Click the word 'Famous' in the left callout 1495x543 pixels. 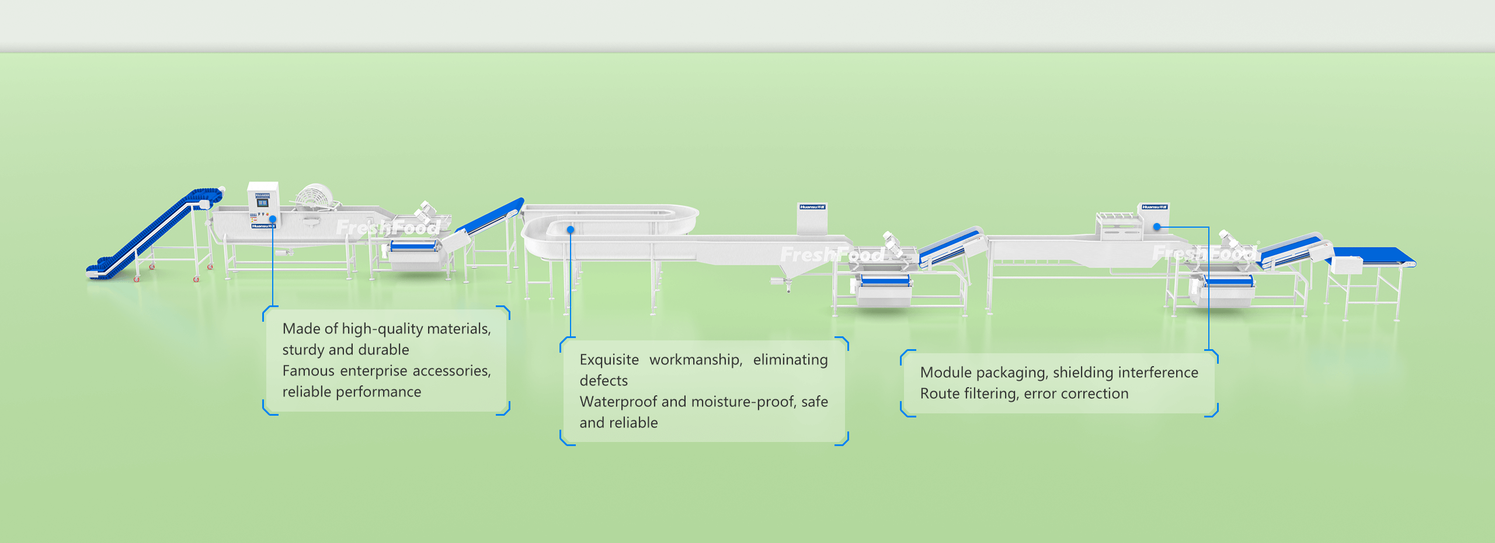[x=308, y=371]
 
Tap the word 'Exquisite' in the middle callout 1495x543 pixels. [x=609, y=360]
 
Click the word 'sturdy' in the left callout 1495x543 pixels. [x=303, y=350]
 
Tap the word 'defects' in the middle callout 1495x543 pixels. [x=603, y=381]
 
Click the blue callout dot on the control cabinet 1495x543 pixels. [x=273, y=220]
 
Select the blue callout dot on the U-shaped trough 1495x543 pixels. [x=571, y=230]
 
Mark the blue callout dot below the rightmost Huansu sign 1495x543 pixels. [x=1156, y=227]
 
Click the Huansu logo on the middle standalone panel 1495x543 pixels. [x=812, y=207]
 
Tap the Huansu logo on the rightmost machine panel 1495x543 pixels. [x=1155, y=207]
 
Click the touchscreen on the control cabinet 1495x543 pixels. [x=262, y=203]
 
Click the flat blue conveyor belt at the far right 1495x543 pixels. [x=1378, y=255]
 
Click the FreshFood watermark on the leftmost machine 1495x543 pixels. [x=388, y=227]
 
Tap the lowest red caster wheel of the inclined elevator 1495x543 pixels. [x=137, y=280]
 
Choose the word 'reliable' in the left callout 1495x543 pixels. [x=304, y=392]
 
